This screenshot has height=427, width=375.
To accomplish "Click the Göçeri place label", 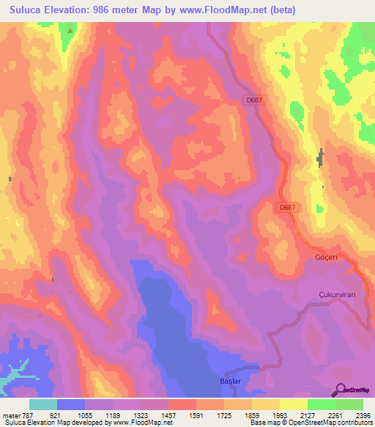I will point(325,258).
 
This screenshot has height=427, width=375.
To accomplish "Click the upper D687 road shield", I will point(253,101).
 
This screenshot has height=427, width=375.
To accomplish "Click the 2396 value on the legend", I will point(363,415).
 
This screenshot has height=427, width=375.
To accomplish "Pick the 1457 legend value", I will point(168,415).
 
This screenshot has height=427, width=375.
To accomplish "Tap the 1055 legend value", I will point(85,415).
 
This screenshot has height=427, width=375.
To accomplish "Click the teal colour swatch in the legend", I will point(43,404).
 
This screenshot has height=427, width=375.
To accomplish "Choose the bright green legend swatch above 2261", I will point(322,404).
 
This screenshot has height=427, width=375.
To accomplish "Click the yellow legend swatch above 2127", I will point(294,404).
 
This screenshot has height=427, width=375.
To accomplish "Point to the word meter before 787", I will point(10,415).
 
